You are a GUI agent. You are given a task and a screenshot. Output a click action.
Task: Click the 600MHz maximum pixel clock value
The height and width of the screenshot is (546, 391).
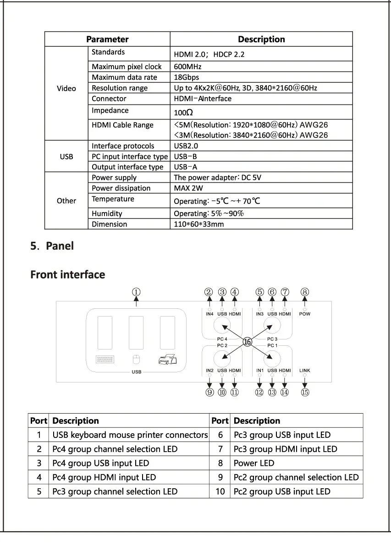[x=188, y=67]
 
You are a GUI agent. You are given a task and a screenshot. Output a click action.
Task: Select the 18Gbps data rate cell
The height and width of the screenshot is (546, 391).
[x=187, y=77]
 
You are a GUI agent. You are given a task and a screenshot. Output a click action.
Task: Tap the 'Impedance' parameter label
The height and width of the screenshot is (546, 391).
[x=110, y=110]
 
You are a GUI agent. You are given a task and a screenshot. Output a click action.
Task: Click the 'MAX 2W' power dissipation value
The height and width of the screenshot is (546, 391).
[x=188, y=188]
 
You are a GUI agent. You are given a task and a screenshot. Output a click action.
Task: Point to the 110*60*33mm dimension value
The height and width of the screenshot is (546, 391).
[x=199, y=224]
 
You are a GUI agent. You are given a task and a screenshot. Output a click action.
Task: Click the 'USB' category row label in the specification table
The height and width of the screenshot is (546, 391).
[x=66, y=157]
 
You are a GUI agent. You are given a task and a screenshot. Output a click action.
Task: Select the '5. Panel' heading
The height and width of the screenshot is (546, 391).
[x=52, y=246]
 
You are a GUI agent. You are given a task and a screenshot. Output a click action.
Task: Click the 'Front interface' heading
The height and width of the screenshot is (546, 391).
[x=68, y=275]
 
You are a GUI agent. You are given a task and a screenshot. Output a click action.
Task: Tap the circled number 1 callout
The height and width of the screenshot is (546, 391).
[x=136, y=292]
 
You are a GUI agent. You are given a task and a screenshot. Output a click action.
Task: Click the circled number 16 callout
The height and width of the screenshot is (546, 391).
[x=248, y=342]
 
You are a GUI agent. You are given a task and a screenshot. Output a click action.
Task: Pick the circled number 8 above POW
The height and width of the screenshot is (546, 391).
[x=305, y=292]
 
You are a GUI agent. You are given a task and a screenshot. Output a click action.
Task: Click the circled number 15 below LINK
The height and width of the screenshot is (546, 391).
[x=305, y=392]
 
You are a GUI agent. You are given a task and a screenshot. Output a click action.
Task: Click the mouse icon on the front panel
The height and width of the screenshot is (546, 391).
[x=136, y=360]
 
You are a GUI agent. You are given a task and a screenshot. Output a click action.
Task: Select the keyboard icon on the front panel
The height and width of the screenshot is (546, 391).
[x=105, y=360]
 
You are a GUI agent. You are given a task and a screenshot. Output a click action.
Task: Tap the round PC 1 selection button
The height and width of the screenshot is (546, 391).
[x=272, y=357]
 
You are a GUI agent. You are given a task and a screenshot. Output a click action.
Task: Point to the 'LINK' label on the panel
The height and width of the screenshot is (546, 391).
[x=305, y=371]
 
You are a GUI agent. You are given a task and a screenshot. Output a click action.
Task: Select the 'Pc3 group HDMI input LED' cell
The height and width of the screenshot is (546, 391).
[x=285, y=449]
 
